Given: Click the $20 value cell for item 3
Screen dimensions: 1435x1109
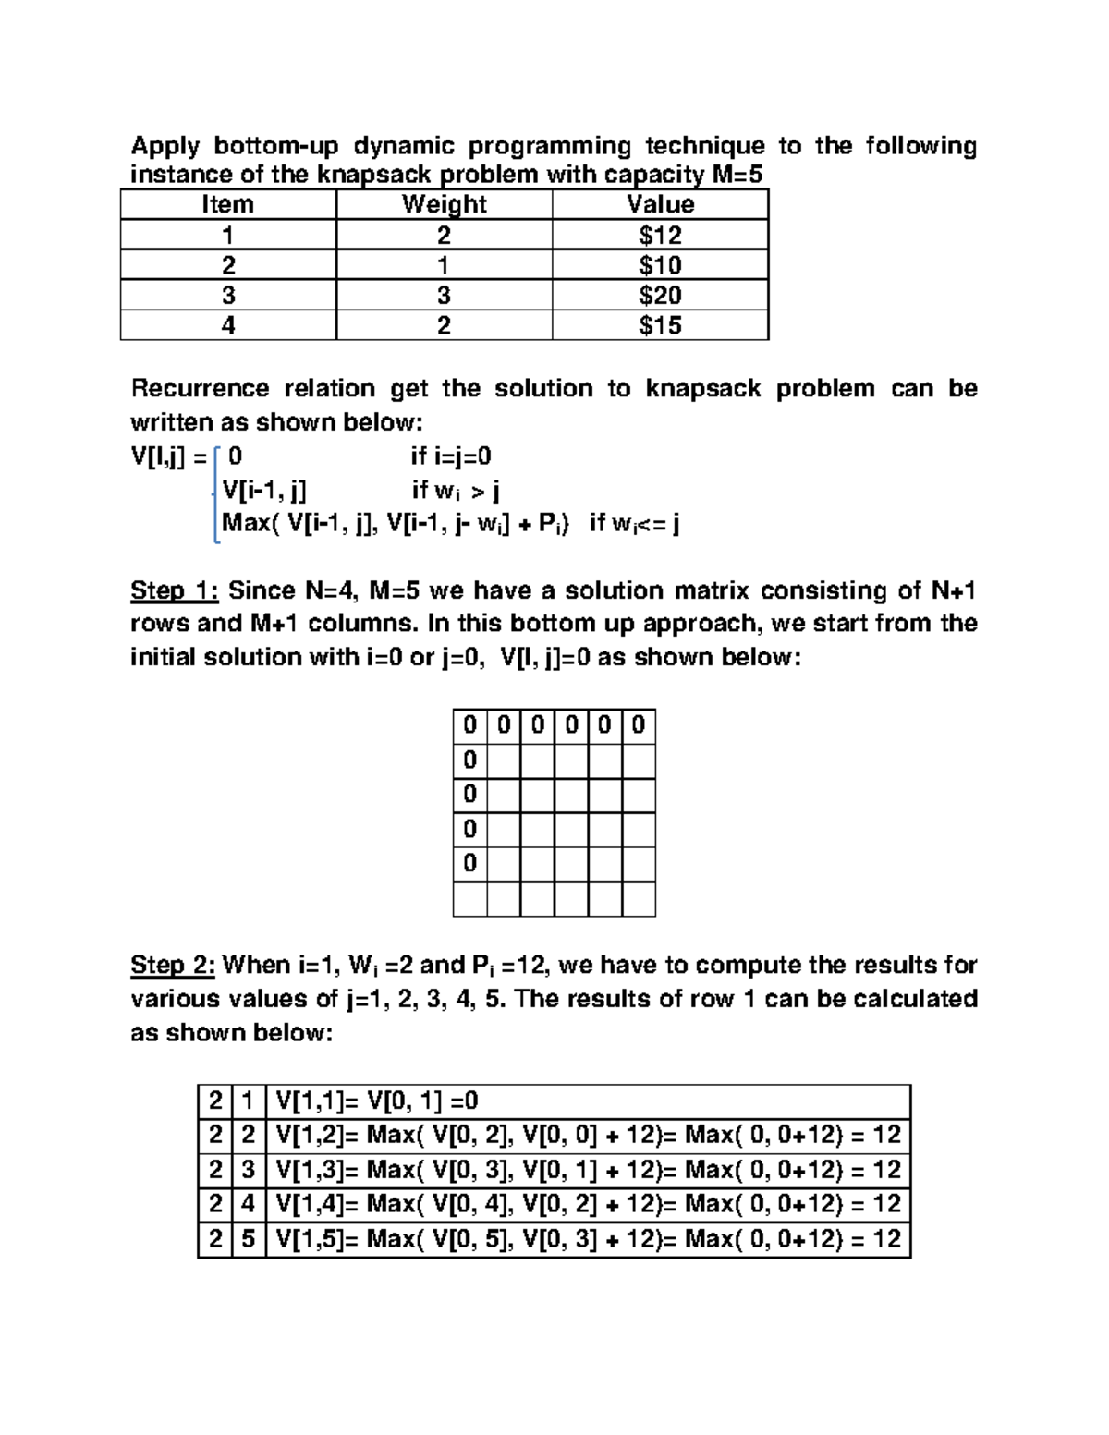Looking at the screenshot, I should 660,296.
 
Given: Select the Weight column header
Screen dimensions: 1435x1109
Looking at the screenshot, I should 444,204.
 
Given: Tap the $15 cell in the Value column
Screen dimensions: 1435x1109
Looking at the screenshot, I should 660,325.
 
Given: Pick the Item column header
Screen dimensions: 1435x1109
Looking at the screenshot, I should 227,204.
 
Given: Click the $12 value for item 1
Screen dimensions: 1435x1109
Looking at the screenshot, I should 660,235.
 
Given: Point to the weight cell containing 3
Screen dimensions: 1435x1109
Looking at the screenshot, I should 444,296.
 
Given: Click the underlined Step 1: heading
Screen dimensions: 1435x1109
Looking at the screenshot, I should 174,590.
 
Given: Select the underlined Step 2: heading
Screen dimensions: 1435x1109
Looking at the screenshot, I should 173,965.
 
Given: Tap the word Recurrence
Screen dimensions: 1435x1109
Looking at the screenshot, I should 200,388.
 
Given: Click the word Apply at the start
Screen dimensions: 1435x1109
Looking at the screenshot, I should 165,146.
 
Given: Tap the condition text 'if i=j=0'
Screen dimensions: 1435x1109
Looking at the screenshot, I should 451,456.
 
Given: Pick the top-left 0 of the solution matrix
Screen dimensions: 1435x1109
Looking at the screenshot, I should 469,725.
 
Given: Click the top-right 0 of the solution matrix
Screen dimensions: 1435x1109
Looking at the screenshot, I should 638,725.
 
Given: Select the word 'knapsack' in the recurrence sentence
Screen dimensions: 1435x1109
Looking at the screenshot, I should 702,388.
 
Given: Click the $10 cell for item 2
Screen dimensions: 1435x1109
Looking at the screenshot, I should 660,265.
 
